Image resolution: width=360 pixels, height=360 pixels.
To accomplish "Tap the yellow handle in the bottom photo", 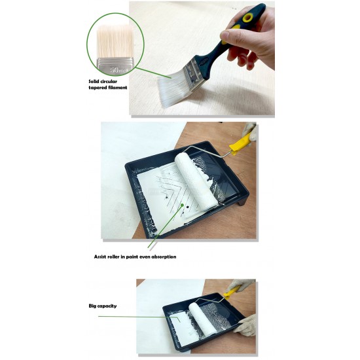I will [x=232, y=294].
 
